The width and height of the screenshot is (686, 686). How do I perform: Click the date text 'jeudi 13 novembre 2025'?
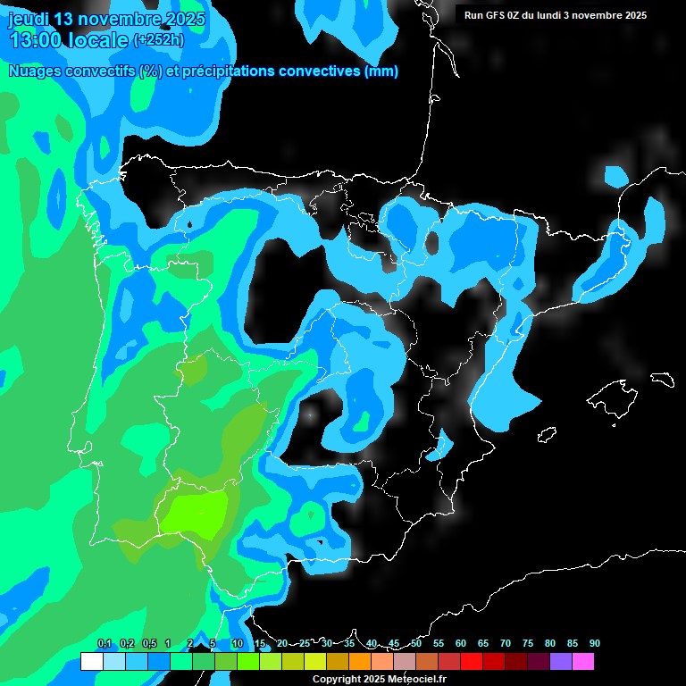[106, 19]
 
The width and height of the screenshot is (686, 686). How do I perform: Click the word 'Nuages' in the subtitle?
[37, 71]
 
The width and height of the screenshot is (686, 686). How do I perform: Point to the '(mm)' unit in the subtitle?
[381, 71]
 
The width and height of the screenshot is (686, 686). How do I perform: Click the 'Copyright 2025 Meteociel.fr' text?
[380, 679]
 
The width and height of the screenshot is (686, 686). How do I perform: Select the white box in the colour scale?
[91, 662]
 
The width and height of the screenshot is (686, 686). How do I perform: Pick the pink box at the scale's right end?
[582, 662]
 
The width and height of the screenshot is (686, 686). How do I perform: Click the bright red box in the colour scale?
[471, 662]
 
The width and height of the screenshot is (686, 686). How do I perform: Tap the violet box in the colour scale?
[560, 662]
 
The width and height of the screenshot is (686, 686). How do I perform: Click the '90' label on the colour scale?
[594, 643]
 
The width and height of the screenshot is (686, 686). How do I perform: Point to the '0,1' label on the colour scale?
[104, 643]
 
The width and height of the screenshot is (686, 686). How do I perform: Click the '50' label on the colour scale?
[416, 643]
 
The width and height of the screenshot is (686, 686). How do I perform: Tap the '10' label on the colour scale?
[237, 643]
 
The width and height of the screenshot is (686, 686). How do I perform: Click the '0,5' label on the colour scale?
[148, 643]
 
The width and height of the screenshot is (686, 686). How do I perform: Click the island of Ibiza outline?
[547, 435]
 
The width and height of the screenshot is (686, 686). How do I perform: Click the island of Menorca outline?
[661, 379]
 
